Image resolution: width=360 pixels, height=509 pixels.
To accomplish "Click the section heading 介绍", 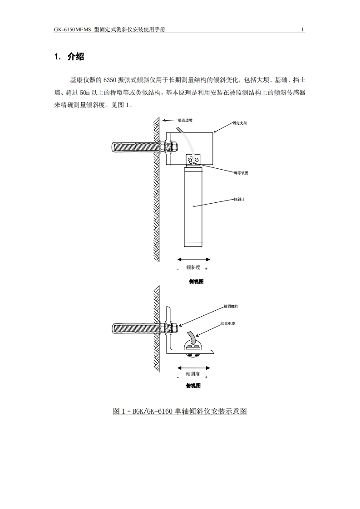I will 75,57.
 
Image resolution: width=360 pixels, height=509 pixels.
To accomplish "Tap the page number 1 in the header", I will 302,30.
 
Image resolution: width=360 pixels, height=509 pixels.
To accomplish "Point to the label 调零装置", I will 241,173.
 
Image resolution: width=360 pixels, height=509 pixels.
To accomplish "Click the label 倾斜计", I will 239,199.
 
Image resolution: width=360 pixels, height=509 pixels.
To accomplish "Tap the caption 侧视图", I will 196,281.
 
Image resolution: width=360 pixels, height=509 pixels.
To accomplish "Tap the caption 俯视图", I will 193,386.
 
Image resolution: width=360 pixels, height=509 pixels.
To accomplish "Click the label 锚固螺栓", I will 231,306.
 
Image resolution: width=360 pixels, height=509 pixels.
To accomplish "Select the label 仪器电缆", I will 228,323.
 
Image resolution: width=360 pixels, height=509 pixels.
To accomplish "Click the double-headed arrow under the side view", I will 193,259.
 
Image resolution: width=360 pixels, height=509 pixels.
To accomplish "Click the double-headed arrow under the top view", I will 193,367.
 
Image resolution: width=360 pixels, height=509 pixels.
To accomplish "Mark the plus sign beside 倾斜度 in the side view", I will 206,269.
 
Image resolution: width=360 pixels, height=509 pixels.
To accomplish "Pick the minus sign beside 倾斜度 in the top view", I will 178,377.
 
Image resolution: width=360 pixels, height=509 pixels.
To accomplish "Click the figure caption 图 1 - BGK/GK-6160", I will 180,411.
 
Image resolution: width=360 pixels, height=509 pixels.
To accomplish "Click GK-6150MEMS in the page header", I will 73,30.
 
